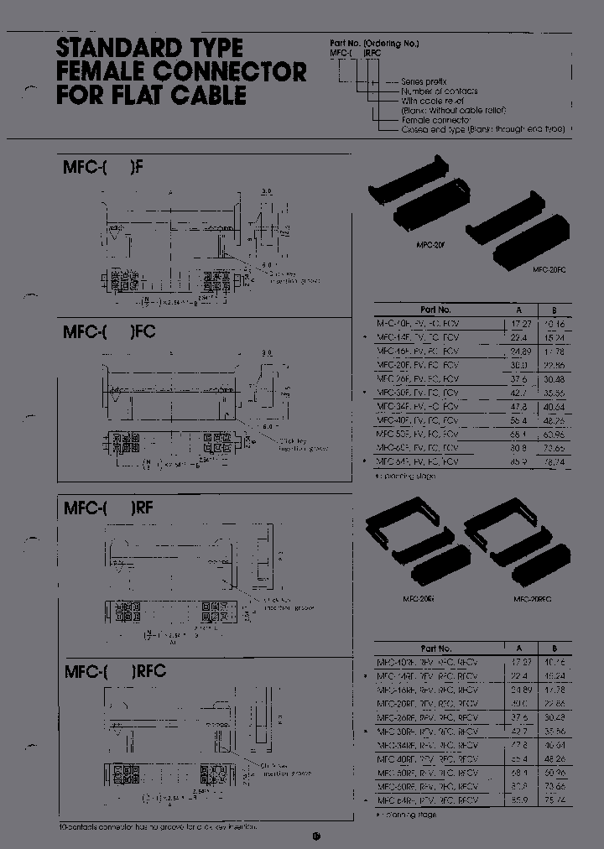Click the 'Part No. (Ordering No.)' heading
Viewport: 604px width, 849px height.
coord(373,43)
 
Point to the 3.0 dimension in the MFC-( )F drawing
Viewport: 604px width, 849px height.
coord(266,191)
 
